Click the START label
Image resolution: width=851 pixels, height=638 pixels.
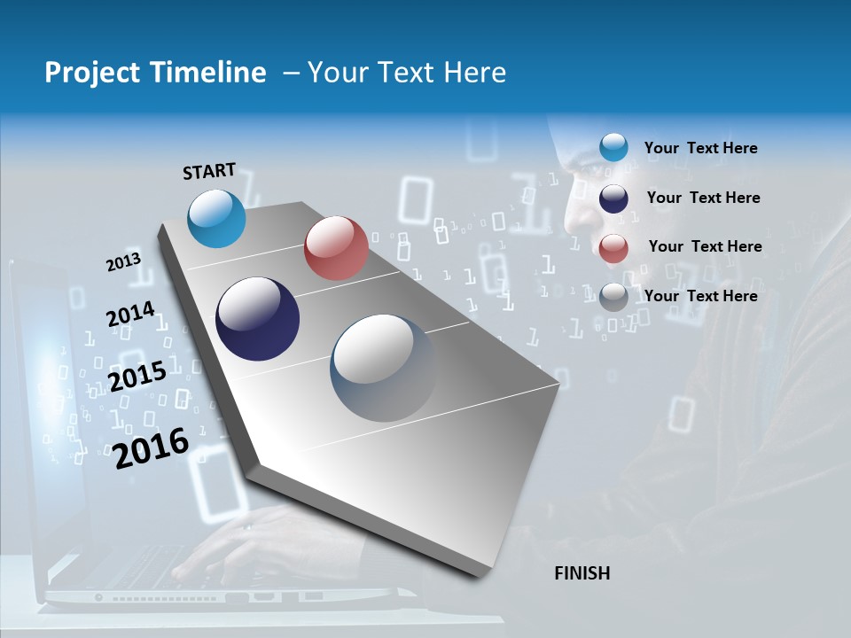click(209, 171)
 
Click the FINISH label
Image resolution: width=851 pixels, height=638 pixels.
click(582, 573)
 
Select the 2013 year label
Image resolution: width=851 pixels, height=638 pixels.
click(123, 262)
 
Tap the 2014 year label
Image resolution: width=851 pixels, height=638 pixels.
click(130, 315)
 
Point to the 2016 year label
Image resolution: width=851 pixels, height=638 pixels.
click(151, 447)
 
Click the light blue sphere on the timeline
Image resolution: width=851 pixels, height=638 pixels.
click(216, 218)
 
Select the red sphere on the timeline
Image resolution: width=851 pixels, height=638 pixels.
click(336, 248)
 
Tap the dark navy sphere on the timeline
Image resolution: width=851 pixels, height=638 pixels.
click(257, 319)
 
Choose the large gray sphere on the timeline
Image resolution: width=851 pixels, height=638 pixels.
click(383, 368)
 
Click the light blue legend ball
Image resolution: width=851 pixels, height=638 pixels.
click(613, 147)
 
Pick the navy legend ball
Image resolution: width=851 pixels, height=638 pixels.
click(613, 198)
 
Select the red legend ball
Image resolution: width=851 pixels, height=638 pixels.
click(613, 248)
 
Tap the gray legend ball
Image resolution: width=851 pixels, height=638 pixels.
click(613, 297)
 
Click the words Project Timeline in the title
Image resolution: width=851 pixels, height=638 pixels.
click(155, 73)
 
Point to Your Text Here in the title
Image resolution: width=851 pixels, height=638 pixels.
click(406, 73)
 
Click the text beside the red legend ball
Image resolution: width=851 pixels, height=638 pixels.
click(705, 246)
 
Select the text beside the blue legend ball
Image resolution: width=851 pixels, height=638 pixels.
click(700, 148)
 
